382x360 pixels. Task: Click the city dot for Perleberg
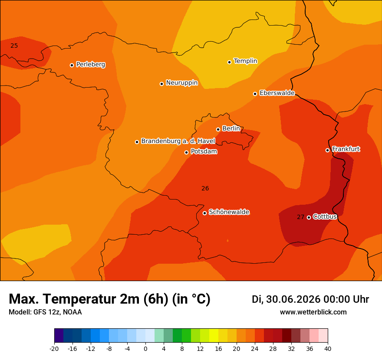tap(72, 65)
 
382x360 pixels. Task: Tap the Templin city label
tap(245, 61)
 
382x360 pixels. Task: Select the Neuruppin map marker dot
tap(161, 84)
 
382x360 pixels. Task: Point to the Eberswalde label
tap(277, 93)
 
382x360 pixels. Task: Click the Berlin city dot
tap(218, 130)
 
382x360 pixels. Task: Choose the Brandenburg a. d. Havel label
tap(178, 141)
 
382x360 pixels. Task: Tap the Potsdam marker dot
tap(186, 152)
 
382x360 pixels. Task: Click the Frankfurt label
tap(346, 149)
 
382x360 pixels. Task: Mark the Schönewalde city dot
tap(204, 213)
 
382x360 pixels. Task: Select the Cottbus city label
tap(325, 216)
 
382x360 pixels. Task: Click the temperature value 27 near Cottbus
tap(301, 217)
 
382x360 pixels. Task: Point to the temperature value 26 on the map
tap(205, 188)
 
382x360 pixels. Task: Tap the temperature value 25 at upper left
tap(14, 46)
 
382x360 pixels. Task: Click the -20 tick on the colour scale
tap(54, 349)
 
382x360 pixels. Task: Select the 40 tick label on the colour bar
tap(328, 349)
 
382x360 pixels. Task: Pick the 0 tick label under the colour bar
tap(145, 349)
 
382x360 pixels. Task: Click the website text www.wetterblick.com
tap(313, 312)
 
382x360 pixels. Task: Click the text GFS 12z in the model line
tap(47, 312)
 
